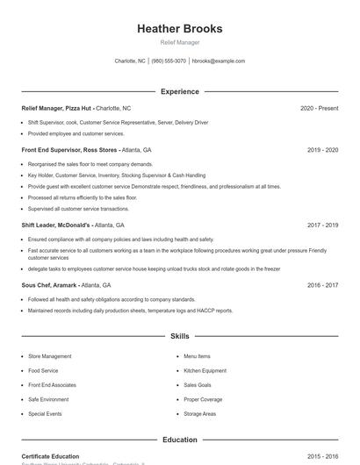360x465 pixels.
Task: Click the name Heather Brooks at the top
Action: point(179,28)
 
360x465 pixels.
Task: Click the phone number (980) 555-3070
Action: point(169,61)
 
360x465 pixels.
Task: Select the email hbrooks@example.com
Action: point(218,61)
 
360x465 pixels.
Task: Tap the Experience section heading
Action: point(179,91)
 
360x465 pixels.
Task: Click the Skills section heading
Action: point(179,336)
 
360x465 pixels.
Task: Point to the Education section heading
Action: point(179,440)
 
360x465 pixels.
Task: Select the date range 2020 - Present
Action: point(319,108)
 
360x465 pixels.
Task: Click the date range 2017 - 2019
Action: point(322,225)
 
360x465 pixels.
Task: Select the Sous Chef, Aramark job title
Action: point(49,285)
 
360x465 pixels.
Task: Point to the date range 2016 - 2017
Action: point(322,285)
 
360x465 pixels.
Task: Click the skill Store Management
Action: point(49,356)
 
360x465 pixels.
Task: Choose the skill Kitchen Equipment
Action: point(205,371)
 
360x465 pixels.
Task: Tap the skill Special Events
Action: point(45,413)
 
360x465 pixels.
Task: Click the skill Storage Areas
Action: point(199,413)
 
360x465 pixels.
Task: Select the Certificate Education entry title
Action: point(50,456)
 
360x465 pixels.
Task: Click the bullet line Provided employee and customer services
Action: point(76,134)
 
